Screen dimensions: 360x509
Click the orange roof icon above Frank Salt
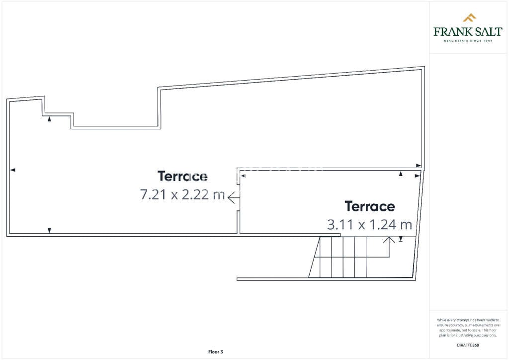click(x=469, y=18)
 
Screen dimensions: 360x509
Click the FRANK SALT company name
click(x=468, y=32)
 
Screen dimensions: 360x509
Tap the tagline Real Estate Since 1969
click(x=468, y=41)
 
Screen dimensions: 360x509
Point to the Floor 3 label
click(x=216, y=352)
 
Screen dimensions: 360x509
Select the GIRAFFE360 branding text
click(x=468, y=345)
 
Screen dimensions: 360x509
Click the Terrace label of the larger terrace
click(x=182, y=177)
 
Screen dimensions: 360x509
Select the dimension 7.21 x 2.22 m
click(x=182, y=195)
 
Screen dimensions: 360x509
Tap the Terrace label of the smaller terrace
click(x=370, y=206)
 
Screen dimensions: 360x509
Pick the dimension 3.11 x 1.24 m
click(x=369, y=225)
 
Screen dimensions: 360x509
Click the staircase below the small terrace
click(x=348, y=257)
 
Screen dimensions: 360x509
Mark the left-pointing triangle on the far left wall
click(x=13, y=170)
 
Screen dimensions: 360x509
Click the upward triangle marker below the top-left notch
click(x=49, y=119)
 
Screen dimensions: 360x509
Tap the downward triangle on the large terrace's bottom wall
click(x=49, y=230)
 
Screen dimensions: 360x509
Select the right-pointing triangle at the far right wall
click(x=419, y=166)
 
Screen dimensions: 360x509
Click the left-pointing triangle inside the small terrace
click(x=243, y=175)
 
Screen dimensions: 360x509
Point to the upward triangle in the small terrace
click(x=401, y=174)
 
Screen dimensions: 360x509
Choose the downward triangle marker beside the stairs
click(x=401, y=239)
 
